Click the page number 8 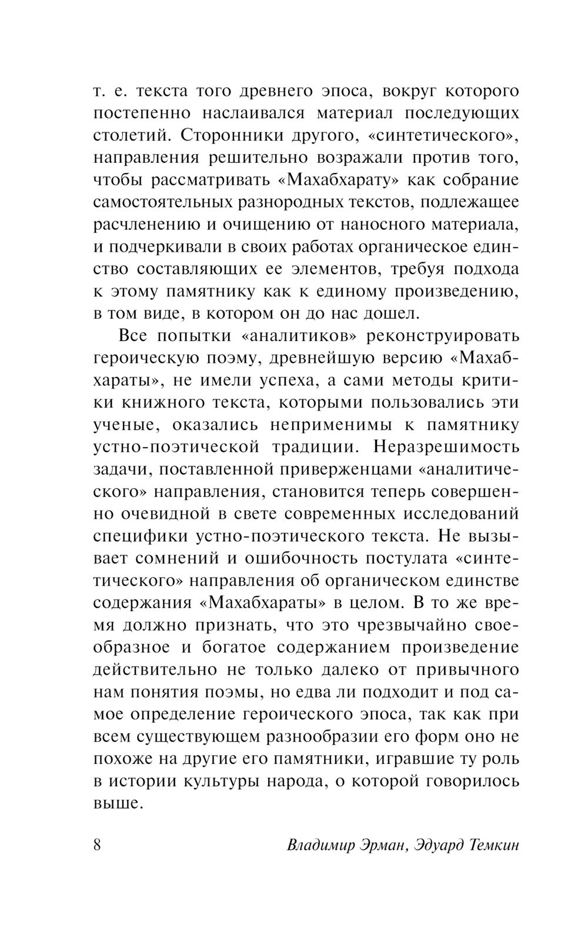(x=98, y=845)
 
